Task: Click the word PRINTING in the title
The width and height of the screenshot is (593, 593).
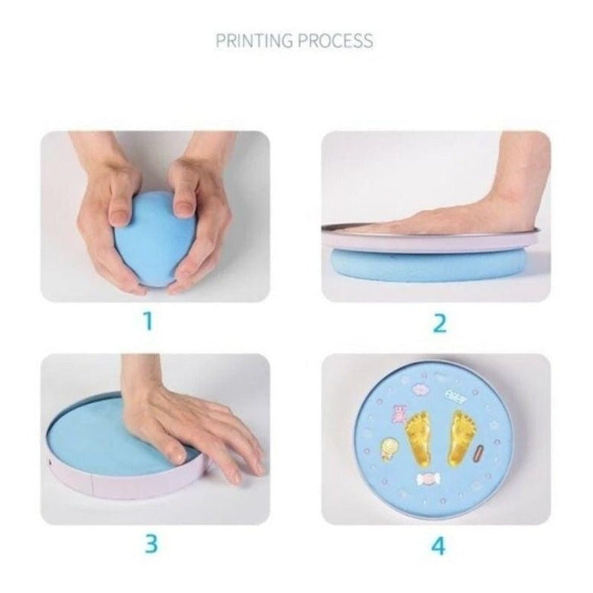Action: coord(254,41)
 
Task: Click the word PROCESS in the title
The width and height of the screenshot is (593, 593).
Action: coord(335,41)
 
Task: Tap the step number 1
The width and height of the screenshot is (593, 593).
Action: coord(148,321)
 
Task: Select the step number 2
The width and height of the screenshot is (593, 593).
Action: coord(439,323)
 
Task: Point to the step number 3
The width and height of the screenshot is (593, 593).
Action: coord(151,543)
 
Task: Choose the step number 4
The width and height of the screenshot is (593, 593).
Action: coord(438,546)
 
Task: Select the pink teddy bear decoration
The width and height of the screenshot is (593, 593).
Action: coord(399,414)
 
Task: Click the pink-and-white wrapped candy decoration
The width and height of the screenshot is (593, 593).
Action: coord(428,479)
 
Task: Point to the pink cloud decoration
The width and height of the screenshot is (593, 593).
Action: coord(418,389)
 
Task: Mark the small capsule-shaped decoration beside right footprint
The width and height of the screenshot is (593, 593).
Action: coord(478,454)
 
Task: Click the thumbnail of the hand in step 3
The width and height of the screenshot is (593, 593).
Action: coord(176,454)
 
